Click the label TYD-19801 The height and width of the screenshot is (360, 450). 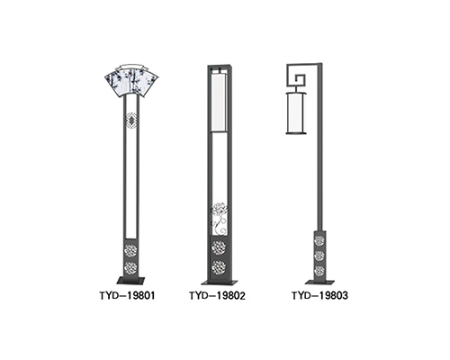128,296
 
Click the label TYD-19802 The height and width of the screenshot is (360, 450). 218,296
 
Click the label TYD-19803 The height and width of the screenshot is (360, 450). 320,296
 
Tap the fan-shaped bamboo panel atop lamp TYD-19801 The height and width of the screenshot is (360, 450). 131,82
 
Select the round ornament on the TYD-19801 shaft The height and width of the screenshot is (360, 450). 131,121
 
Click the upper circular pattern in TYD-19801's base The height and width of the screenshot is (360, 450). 131,250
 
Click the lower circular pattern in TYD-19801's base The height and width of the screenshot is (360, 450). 131,266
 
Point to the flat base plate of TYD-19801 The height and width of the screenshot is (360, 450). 130,281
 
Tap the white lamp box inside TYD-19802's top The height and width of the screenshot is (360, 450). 218,103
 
